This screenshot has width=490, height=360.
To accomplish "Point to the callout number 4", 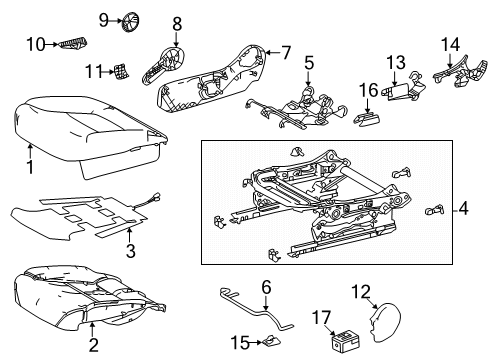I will coord(463,210).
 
